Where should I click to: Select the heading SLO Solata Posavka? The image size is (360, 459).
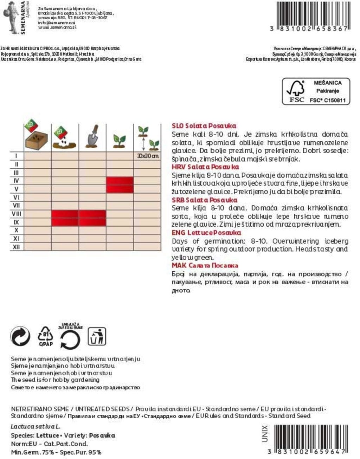pyautogui.click(x=204, y=126)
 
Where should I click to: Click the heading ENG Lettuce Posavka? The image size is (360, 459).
pyautogui.click(x=206, y=233)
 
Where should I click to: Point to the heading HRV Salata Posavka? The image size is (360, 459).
pyautogui.click(x=205, y=167)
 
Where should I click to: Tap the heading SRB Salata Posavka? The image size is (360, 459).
pyautogui.click(x=204, y=200)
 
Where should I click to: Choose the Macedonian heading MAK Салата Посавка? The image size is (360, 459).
pyautogui.click(x=205, y=266)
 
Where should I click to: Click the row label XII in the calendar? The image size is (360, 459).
pyautogui.click(x=17, y=247)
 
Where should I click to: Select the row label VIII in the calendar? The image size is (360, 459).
pyautogui.click(x=17, y=214)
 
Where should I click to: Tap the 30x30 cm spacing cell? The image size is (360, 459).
pyautogui.click(x=148, y=156)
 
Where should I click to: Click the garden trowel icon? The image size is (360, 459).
pyautogui.click(x=93, y=137)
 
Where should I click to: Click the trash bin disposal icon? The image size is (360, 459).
pyautogui.click(x=97, y=336)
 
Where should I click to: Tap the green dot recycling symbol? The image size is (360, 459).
pyautogui.click(x=20, y=336)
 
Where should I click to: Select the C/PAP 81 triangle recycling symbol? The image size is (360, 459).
pyautogui.click(x=46, y=336)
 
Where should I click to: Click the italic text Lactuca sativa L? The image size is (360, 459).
pyautogui.click(x=36, y=427)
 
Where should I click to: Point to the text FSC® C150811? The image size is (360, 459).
pyautogui.click(x=328, y=100)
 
